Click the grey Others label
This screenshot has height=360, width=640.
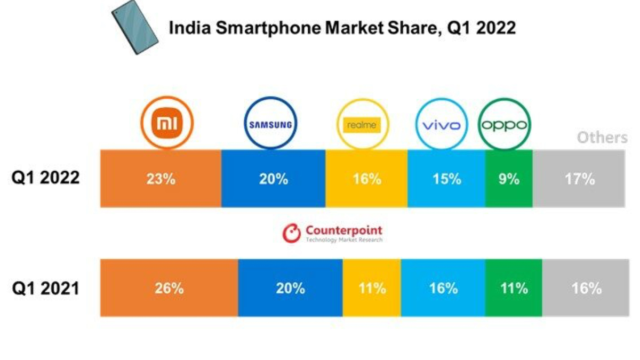pyautogui.click(x=602, y=138)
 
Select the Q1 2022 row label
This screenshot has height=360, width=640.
pyautogui.click(x=46, y=178)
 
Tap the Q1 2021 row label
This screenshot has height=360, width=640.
pyautogui.click(x=46, y=289)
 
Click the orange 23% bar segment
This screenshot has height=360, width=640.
pyautogui.click(x=161, y=179)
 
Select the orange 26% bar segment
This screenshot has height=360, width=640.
pyautogui.click(x=169, y=288)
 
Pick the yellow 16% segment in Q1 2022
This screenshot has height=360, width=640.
pyautogui.click(x=366, y=179)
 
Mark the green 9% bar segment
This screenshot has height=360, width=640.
pyautogui.click(x=509, y=179)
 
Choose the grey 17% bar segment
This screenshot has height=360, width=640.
pyautogui.click(x=579, y=179)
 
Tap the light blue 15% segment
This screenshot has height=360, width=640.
pyautogui.click(x=446, y=179)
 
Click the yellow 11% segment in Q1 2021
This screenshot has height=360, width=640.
pyautogui.click(x=372, y=288)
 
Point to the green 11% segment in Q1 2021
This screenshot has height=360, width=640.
pyautogui.click(x=514, y=288)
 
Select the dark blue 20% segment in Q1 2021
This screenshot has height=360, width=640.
pyautogui.click(x=290, y=288)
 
